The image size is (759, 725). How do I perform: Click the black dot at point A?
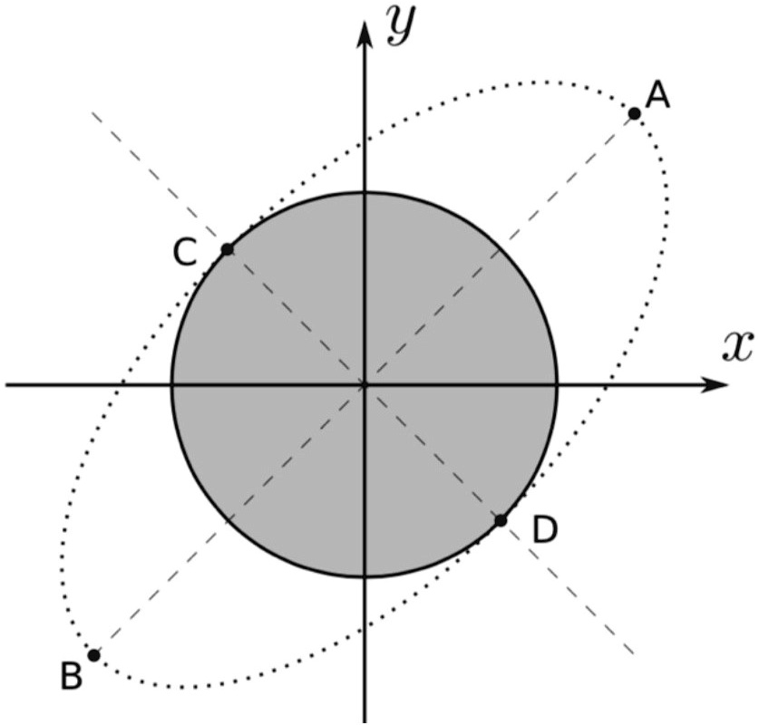pos(635,113)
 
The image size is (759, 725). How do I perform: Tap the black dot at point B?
pos(93,654)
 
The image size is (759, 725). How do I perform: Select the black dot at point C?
pos(228,249)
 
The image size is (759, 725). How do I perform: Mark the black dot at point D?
pos(501,520)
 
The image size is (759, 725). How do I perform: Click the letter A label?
pos(658,95)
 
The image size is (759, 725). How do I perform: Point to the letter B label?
pos(71,676)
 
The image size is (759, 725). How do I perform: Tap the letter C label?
pos(185,253)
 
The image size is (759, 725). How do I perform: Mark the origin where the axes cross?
pos(365,384)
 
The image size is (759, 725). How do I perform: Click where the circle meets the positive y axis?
pos(365,192)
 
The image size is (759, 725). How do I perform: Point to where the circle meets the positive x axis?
pos(557,384)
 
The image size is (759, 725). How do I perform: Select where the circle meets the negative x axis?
pos(172,384)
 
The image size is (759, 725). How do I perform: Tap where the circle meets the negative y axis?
pos(365,576)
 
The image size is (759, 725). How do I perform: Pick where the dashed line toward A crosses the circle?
pos(501,248)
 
